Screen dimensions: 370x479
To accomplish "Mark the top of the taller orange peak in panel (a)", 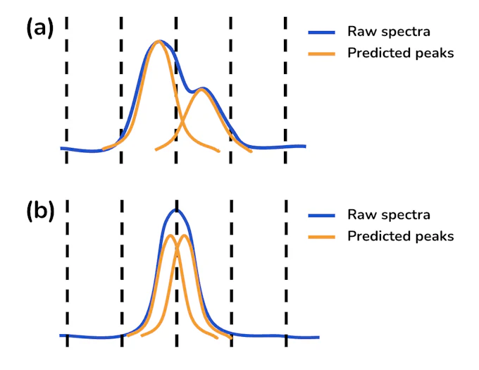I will coord(158,42).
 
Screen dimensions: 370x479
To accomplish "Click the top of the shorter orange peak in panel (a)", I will coord(203,89).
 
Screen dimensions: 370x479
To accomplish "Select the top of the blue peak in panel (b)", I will coord(177,210).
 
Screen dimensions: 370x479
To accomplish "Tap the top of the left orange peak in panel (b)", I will coord(170,235).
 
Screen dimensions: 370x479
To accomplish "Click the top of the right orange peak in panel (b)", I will coord(185,235).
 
